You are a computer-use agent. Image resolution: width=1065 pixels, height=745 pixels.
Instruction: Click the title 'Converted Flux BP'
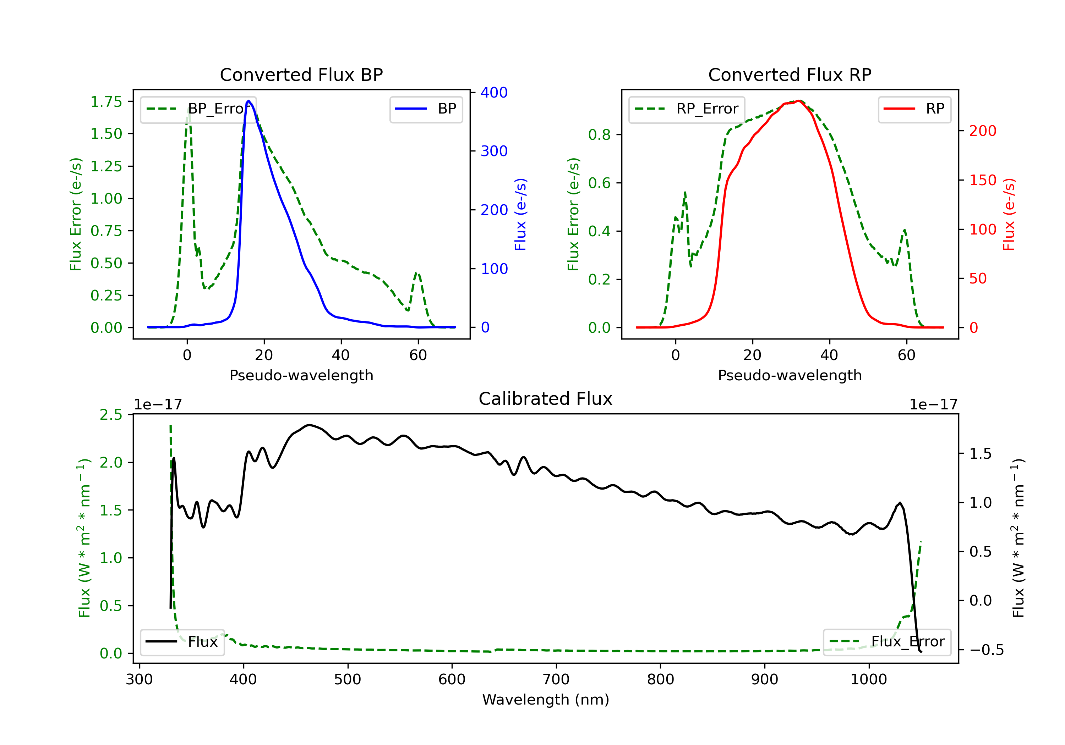click(x=301, y=74)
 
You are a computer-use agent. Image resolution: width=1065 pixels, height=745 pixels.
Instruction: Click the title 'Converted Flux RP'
click(x=790, y=74)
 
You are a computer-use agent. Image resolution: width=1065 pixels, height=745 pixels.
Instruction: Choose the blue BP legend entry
click(x=426, y=109)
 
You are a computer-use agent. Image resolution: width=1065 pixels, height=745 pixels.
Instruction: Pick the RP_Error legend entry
click(x=687, y=109)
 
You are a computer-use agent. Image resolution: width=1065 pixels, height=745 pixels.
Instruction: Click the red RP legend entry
click(x=914, y=109)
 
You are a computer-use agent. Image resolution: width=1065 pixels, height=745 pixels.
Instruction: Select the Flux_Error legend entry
click(x=887, y=642)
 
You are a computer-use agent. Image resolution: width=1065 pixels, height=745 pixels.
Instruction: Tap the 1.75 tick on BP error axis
click(x=106, y=101)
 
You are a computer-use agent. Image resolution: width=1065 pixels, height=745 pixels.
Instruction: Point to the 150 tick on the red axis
click(x=982, y=180)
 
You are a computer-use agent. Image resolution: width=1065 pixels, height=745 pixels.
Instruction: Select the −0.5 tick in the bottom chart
click(x=987, y=650)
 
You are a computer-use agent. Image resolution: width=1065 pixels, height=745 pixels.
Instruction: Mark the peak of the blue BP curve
click(x=248, y=101)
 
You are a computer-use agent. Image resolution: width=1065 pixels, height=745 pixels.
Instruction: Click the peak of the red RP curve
click(x=799, y=101)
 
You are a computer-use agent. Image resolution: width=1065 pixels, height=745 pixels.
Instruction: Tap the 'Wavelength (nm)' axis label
click(x=546, y=700)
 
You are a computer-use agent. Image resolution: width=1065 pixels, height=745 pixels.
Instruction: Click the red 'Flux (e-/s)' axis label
click(x=1009, y=215)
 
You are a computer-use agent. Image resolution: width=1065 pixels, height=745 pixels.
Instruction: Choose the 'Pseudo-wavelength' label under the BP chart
click(x=301, y=375)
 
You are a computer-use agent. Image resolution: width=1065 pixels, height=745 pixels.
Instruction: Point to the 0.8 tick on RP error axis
click(x=599, y=134)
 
